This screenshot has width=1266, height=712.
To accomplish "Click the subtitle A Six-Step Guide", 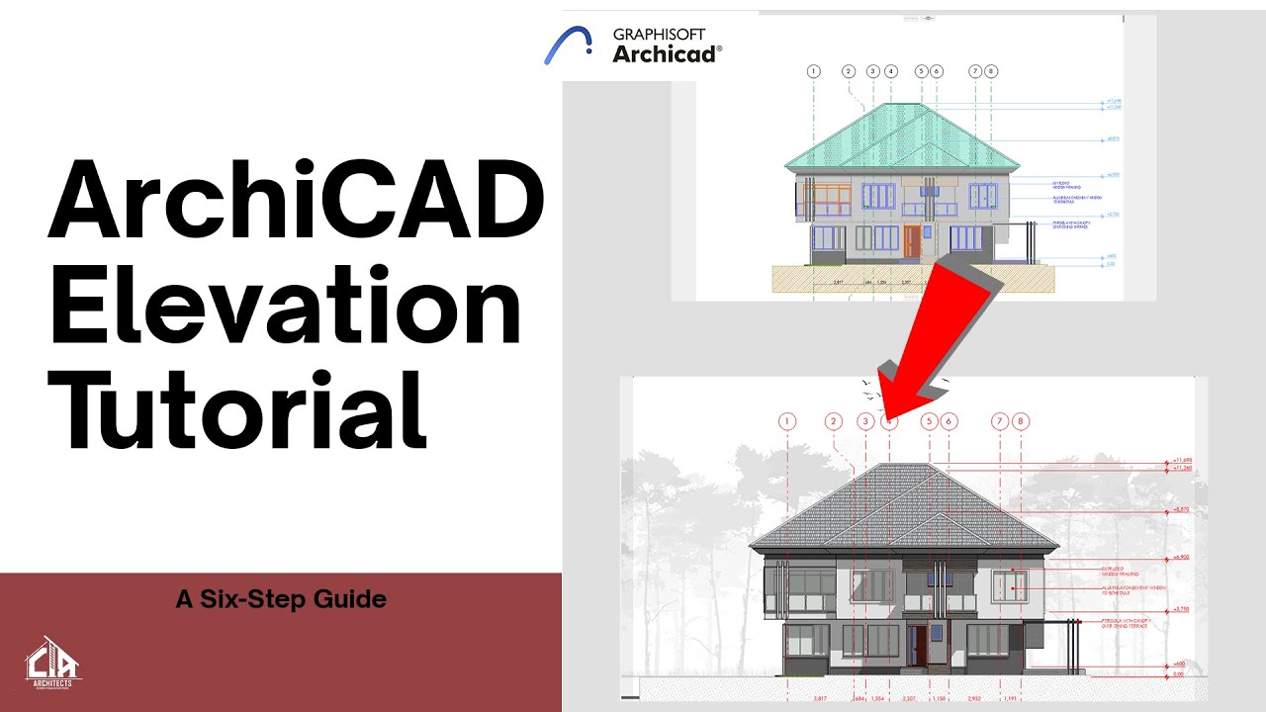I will [x=280, y=598].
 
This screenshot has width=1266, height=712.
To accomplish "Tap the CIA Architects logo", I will [x=53, y=661].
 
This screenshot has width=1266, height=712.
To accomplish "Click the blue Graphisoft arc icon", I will [x=569, y=46].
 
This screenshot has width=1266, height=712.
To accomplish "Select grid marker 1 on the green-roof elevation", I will [x=814, y=71].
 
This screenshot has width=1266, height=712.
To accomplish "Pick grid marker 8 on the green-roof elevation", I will [x=992, y=71].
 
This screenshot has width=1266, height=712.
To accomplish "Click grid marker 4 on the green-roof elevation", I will [x=891, y=71].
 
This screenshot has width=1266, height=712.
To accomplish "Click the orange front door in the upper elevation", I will [x=911, y=241].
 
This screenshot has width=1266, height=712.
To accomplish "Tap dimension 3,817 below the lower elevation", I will [x=819, y=699].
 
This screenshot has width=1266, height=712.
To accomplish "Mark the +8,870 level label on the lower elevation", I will [x=1180, y=509].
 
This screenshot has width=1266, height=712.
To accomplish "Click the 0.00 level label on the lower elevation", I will [x=1179, y=674].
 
